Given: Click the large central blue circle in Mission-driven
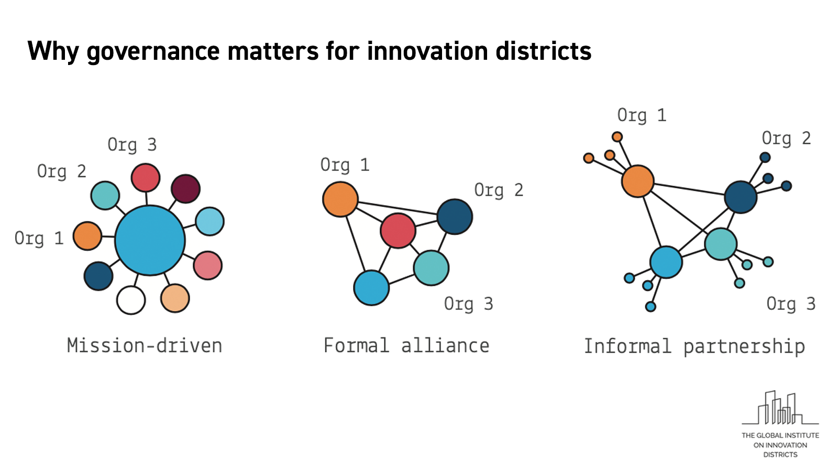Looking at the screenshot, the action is (x=150, y=241).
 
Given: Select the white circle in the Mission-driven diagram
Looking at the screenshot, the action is (x=131, y=300).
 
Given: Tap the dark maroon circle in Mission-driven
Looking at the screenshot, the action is (x=185, y=188).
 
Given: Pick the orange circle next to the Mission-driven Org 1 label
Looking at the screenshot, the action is (x=87, y=235).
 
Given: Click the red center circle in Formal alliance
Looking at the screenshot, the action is (x=398, y=230).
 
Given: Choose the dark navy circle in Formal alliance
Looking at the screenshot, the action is (x=455, y=217).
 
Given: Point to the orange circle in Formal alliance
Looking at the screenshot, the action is (x=340, y=199).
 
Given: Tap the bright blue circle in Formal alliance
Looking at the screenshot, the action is (x=371, y=288).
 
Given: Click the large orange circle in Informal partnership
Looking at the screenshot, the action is (x=638, y=181).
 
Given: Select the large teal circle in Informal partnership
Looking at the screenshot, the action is (x=721, y=244).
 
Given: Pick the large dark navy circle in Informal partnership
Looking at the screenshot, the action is (x=741, y=197).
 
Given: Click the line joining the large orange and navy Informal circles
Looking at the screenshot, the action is (x=689, y=189).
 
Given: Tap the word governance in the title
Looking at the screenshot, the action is (x=153, y=52).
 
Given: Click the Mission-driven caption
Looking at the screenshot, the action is (x=145, y=346).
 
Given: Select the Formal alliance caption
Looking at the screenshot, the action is (x=406, y=346).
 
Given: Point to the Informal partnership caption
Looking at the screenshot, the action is (x=694, y=347).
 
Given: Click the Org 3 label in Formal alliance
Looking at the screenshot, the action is (x=468, y=304).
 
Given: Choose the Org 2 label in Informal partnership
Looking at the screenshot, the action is (x=786, y=138).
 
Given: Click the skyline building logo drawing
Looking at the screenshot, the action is (x=780, y=407).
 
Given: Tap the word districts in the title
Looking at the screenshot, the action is (x=544, y=50).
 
